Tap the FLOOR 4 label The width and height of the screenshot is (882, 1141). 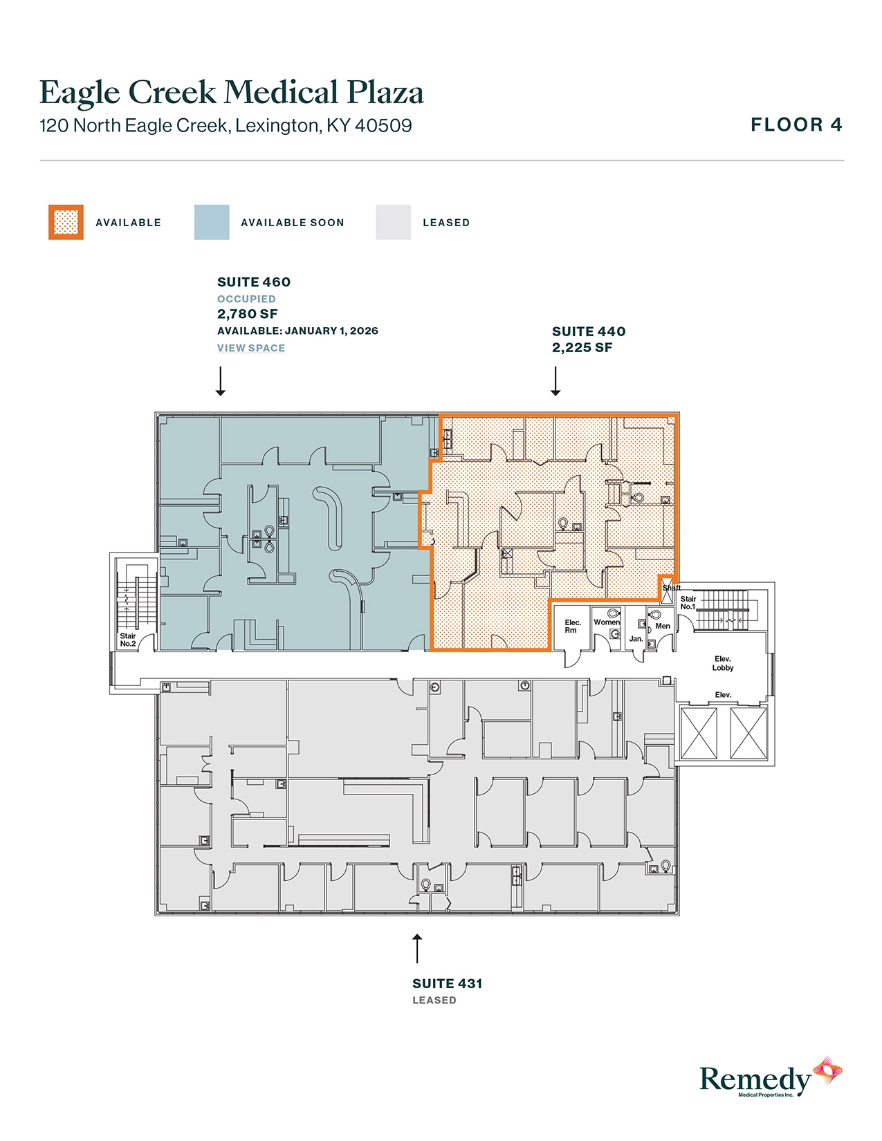click(796, 125)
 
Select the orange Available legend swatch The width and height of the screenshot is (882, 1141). click(66, 223)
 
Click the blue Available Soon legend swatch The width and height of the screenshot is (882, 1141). click(212, 223)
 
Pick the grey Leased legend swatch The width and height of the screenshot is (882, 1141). click(393, 223)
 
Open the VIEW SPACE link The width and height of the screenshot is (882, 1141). click(251, 349)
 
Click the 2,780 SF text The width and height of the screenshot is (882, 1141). click(248, 314)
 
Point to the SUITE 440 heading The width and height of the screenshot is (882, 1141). click(589, 332)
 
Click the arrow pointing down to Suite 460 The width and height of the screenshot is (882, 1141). click(221, 381)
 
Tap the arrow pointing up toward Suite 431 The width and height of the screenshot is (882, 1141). click(417, 948)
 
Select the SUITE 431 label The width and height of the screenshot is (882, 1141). click(447, 983)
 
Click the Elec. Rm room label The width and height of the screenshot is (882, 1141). click(572, 627)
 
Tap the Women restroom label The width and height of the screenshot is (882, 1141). click(607, 622)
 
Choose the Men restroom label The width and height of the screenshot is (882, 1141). click(663, 627)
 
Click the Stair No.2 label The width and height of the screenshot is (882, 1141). click(128, 640)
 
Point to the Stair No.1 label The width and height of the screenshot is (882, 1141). click(688, 603)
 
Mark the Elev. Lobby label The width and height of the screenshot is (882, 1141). click(723, 663)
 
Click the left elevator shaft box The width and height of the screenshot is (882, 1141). click(699, 733)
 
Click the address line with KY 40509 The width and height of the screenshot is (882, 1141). click(226, 126)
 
